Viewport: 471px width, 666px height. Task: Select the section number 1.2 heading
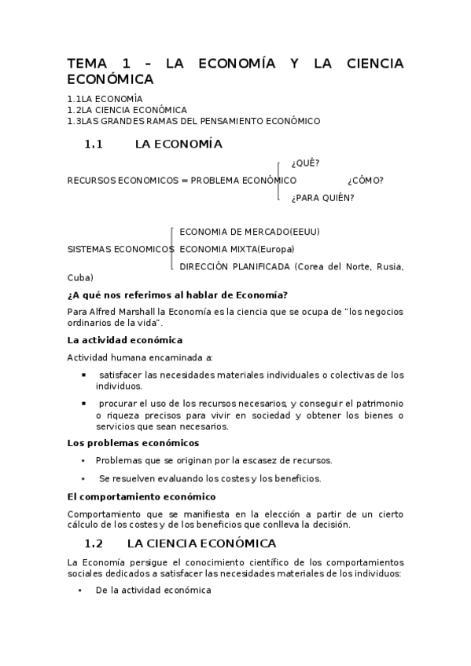94,543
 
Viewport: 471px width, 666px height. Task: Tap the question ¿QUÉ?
305,163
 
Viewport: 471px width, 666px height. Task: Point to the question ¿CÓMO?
365,181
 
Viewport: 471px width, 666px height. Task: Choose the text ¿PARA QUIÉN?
322,198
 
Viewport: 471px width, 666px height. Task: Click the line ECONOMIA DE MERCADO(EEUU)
249,232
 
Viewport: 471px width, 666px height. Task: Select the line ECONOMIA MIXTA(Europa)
237,249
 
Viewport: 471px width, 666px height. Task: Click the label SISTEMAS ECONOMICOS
121,249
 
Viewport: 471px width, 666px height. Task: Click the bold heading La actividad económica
125,340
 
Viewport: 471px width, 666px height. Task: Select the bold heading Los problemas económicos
133,443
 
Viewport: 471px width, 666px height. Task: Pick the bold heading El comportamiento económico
142,496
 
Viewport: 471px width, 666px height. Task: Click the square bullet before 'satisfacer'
83,375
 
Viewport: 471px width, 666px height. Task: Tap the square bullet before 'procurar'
83,403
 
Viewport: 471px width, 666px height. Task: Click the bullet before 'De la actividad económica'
82,591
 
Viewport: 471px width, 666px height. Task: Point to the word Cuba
79,277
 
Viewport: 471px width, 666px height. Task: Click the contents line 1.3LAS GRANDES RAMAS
194,121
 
